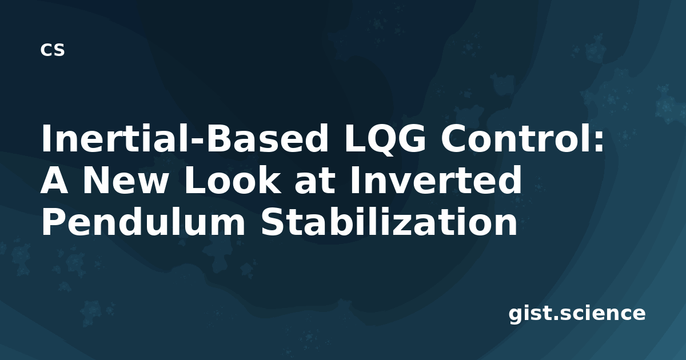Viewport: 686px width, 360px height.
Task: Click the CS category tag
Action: pos(53,50)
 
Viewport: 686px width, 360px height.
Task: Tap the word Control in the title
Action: pos(513,138)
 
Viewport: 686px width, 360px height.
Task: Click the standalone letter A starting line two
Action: pos(54,180)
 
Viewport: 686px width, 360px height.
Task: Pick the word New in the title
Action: pos(125,180)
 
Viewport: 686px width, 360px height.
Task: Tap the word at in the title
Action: pos(314,181)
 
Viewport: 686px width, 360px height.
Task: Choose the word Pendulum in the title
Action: pos(143,221)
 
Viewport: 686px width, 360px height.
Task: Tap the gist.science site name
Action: pos(577,314)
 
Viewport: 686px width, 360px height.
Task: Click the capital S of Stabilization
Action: pos(273,221)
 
